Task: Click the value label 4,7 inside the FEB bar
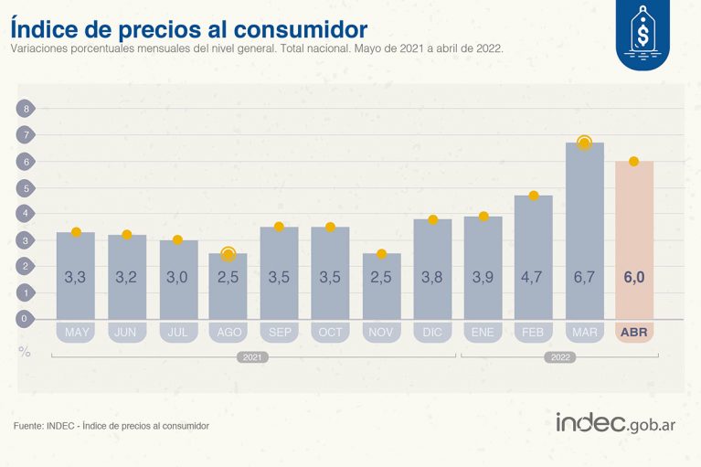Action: (534, 275)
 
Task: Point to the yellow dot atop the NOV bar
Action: (382, 254)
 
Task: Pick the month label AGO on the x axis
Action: (228, 332)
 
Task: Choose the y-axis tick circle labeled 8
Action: (26, 109)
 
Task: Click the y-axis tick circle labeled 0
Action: (26, 319)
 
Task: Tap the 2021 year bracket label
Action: (253, 357)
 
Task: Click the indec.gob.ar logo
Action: (615, 423)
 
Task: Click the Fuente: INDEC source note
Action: (112, 426)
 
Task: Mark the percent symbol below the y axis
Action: (24, 349)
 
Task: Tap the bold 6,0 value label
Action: (633, 275)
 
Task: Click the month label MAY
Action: (77, 332)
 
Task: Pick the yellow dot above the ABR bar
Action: (633, 162)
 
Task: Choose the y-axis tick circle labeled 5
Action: (26, 187)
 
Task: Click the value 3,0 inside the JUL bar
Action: (178, 275)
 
